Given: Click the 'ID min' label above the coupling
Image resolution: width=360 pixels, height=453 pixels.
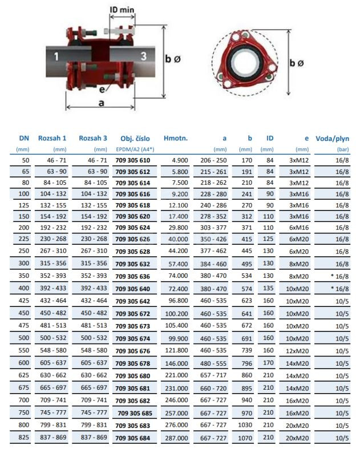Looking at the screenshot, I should pyautogui.click(x=123, y=10).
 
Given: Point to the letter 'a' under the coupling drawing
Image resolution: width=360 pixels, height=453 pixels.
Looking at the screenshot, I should pyautogui.click(x=101, y=103).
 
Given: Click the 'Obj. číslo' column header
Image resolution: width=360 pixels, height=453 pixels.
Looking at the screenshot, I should pyautogui.click(x=135, y=138).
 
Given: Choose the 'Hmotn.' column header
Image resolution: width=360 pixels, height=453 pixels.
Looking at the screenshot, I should pyautogui.click(x=176, y=138).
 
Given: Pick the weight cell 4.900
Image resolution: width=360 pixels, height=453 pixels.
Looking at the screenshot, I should pyautogui.click(x=178, y=161).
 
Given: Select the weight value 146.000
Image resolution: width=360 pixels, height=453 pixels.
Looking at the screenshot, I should pyautogui.click(x=176, y=363).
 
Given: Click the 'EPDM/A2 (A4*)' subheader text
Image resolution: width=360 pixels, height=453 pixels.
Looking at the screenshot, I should pyautogui.click(x=135, y=149).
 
